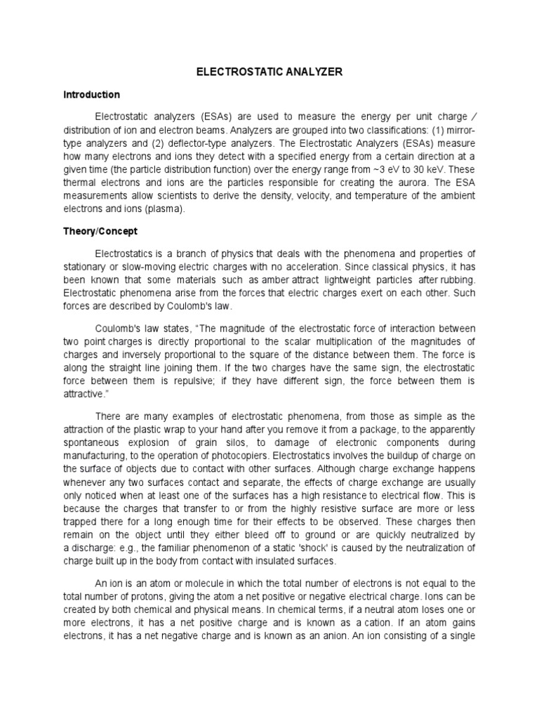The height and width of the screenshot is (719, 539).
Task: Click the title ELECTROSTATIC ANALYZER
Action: [x=269, y=72]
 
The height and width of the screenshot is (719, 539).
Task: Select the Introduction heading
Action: [x=92, y=95]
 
